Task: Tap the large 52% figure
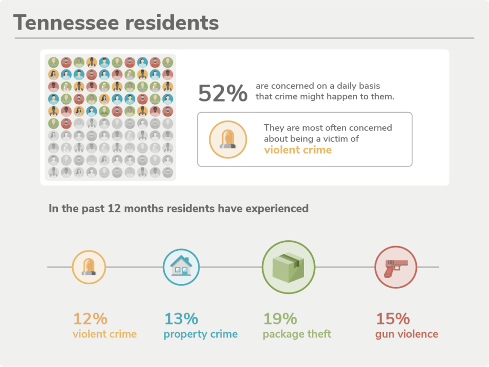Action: pyautogui.click(x=223, y=93)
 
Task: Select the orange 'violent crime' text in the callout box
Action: pyautogui.click(x=298, y=150)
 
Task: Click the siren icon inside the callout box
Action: pyautogui.click(x=228, y=140)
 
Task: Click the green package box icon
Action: pyautogui.click(x=288, y=267)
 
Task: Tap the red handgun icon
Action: pyautogui.click(x=395, y=267)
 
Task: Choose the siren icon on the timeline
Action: pyautogui.click(x=89, y=267)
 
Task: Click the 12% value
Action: pyautogui.click(x=90, y=319)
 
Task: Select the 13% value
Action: pyautogui.click(x=181, y=319)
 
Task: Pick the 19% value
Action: pyautogui.click(x=280, y=319)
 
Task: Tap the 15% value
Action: pyautogui.click(x=393, y=319)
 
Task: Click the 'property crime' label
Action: pyautogui.click(x=201, y=334)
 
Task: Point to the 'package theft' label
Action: pyautogui.click(x=297, y=334)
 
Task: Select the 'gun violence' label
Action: pyautogui.click(x=406, y=334)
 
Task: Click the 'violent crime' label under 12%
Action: pyautogui.click(x=105, y=334)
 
